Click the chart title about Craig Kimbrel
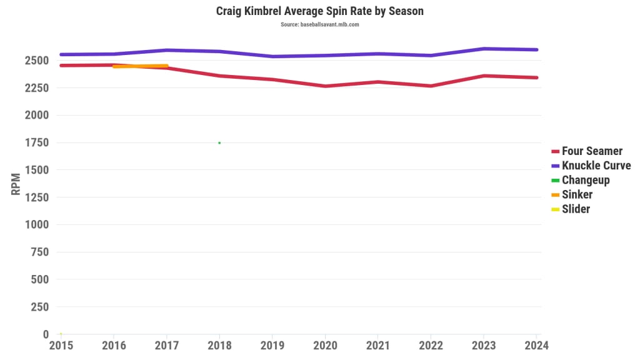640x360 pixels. click(319, 11)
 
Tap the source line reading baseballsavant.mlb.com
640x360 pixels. click(319, 24)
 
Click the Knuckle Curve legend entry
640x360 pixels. click(596, 166)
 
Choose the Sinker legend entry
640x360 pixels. click(577, 194)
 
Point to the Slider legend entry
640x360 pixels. click(576, 209)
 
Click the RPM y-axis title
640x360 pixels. click(16, 184)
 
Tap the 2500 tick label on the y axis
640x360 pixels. click(36, 61)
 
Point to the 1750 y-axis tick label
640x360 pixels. click(36, 142)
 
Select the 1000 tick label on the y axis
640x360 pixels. click(36, 224)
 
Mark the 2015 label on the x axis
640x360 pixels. click(61, 345)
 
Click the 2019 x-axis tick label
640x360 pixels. click(272, 345)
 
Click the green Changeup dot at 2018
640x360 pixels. click(219, 142)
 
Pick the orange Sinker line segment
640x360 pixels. click(140, 66)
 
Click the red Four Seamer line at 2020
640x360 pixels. click(325, 86)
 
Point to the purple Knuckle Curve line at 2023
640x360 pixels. click(483, 49)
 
